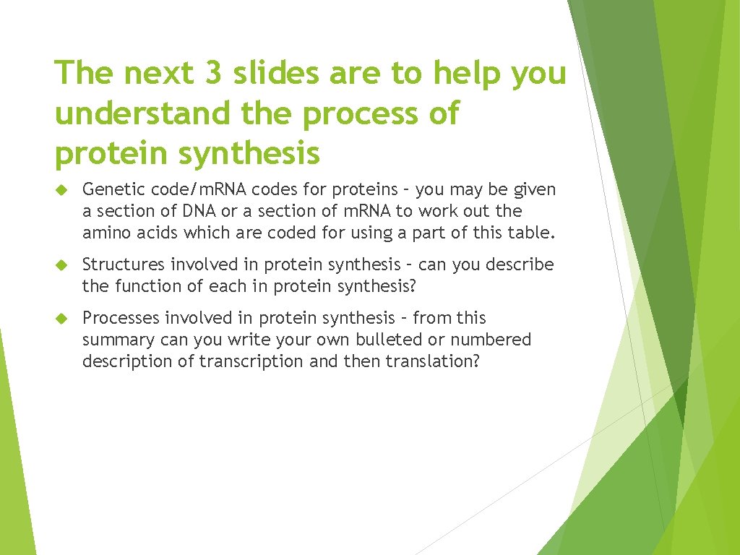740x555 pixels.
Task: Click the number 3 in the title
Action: (216, 73)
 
